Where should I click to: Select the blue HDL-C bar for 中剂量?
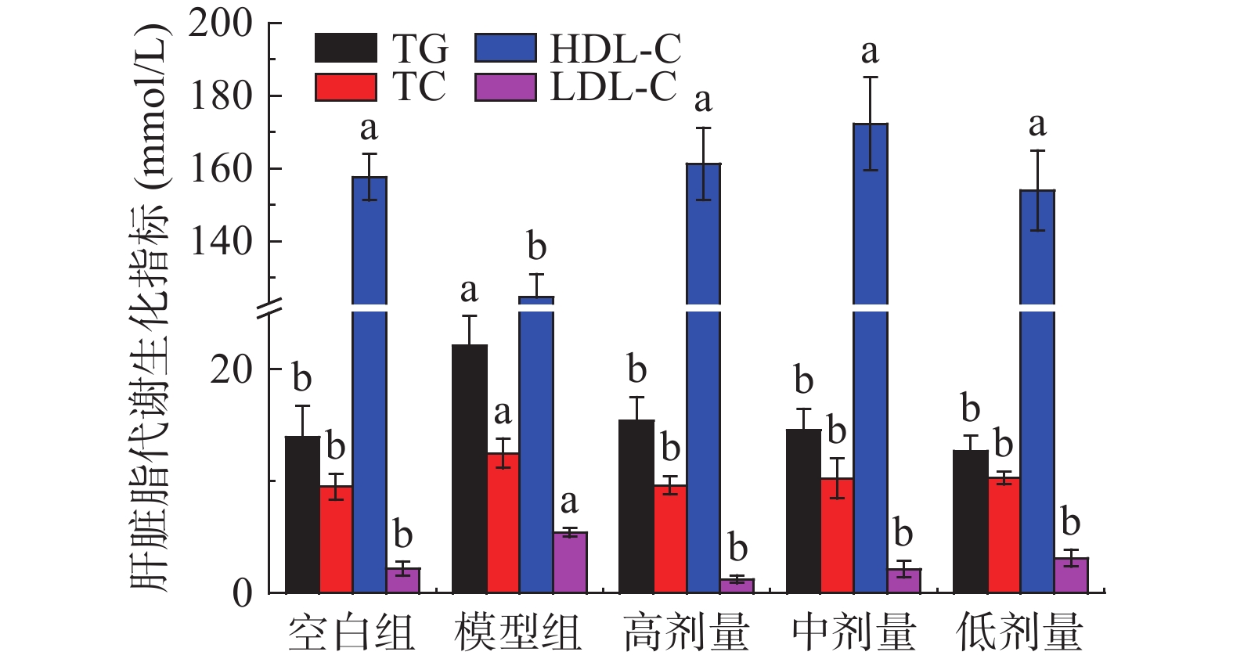(x=870, y=391)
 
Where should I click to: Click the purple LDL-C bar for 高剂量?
(x=737, y=585)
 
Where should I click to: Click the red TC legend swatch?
(x=346, y=87)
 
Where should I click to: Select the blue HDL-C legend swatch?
(x=506, y=49)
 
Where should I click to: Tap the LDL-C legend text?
(x=613, y=86)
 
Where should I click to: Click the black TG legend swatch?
(x=346, y=49)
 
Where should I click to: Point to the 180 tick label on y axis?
(x=222, y=95)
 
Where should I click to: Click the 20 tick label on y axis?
(x=232, y=369)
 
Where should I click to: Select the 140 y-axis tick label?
(x=222, y=241)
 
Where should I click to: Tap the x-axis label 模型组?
(x=518, y=632)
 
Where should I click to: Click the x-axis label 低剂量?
(x=1019, y=632)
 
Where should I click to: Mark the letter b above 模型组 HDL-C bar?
(x=536, y=247)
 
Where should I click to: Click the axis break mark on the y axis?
(x=269, y=308)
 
